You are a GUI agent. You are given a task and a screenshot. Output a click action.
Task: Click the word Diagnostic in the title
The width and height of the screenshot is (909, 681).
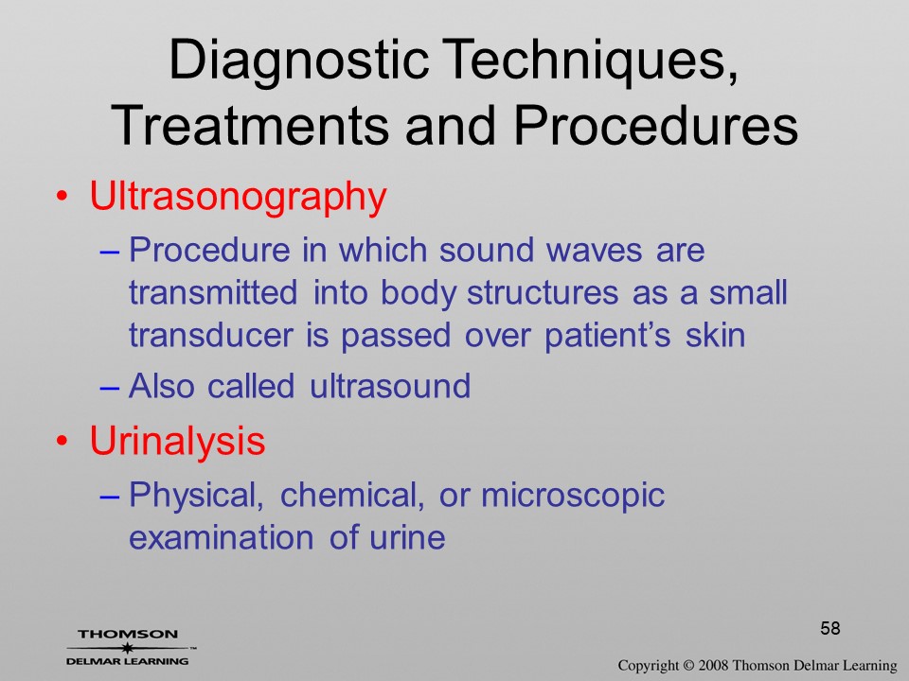tap(299, 61)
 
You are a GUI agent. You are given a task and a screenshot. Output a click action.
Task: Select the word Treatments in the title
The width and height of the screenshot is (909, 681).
tap(249, 125)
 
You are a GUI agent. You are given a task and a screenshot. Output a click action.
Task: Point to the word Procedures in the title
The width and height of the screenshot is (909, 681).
tap(655, 125)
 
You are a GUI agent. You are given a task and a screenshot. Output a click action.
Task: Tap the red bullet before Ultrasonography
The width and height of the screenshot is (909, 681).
tap(62, 197)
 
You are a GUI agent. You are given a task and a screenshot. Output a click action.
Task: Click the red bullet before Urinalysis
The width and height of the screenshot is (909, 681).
tap(62, 441)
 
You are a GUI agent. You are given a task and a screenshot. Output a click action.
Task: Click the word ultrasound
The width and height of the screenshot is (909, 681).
tap(390, 386)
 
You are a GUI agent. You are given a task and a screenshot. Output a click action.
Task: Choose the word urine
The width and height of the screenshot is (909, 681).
tap(407, 538)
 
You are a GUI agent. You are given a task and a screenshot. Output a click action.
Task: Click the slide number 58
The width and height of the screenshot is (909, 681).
tap(830, 628)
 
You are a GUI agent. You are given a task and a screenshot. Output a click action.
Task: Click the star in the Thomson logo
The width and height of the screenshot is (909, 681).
tap(127, 648)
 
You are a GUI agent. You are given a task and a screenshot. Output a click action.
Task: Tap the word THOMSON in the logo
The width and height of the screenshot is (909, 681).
tap(128, 634)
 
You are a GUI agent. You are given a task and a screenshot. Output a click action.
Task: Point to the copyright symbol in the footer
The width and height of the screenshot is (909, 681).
tap(688, 666)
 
